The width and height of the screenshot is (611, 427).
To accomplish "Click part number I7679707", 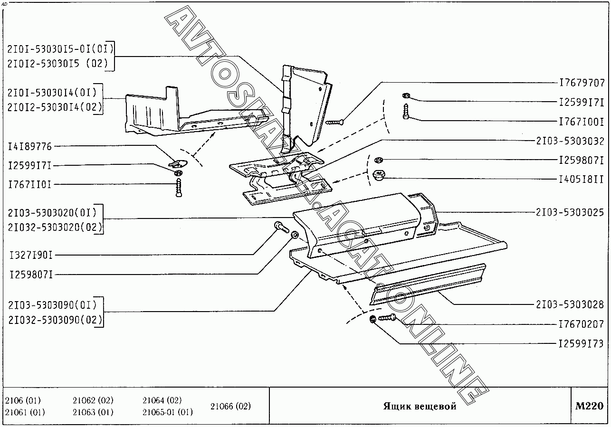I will (581, 82).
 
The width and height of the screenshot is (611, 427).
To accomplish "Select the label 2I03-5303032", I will (570, 141).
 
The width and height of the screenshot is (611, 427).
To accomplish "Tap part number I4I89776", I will (30, 146).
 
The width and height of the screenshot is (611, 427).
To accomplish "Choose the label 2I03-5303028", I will (570, 304).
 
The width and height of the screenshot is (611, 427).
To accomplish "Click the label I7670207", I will (581, 324).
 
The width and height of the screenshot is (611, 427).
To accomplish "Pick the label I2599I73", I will (581, 343).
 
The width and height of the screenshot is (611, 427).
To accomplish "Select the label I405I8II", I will (581, 180).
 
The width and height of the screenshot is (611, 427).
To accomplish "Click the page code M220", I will (589, 406).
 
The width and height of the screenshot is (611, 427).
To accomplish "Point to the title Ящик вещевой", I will (420, 407).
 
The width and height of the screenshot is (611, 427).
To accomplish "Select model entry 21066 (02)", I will (230, 406).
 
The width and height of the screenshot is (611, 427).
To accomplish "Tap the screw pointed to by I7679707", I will (334, 122).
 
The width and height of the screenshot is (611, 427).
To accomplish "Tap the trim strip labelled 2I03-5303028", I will (428, 285).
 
